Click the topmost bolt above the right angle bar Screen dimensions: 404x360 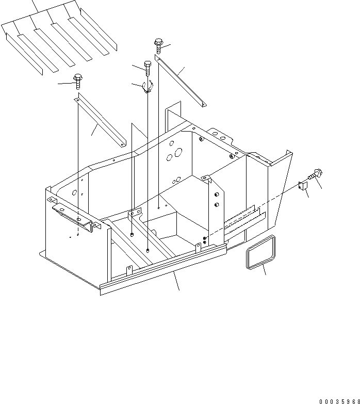tap(158, 45)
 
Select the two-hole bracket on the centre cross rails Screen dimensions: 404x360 tap(135, 213)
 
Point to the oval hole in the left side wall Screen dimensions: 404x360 tap(75, 192)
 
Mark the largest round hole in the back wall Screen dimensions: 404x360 tap(179, 153)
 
